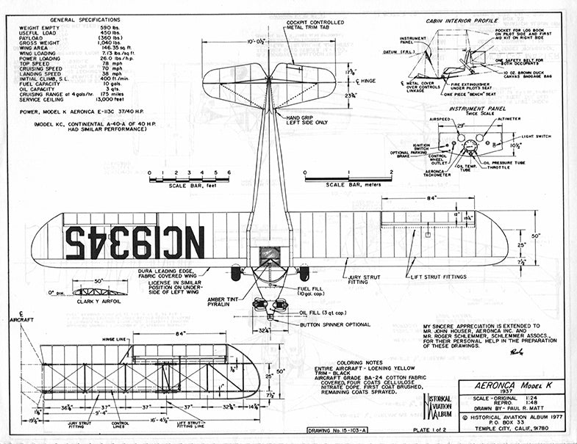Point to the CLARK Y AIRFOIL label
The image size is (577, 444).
[99, 302]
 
